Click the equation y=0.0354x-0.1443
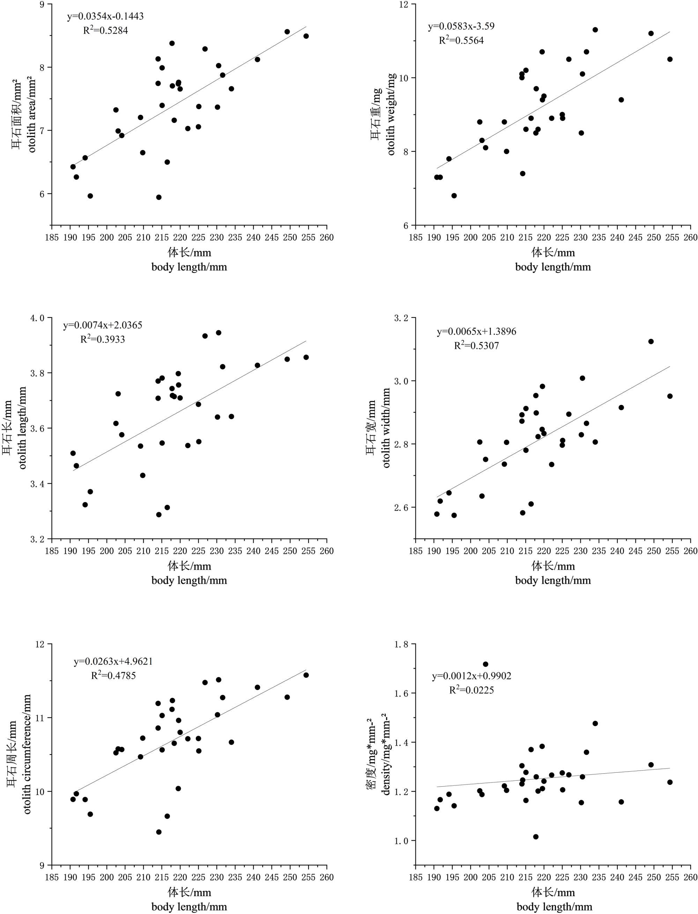[x=105, y=17]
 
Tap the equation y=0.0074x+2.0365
[x=103, y=325]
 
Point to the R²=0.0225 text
[x=471, y=690]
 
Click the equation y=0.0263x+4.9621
[x=113, y=661]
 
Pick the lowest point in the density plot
[x=536, y=837]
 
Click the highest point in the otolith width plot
[x=651, y=342]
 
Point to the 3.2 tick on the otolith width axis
[x=402, y=318]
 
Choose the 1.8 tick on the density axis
[x=402, y=644]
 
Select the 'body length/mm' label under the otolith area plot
[x=189, y=267]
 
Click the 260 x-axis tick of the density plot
[x=690, y=877]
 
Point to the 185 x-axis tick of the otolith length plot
[x=52, y=551]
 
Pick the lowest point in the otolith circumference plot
[x=159, y=832]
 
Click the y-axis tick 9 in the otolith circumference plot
[x=43, y=866]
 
